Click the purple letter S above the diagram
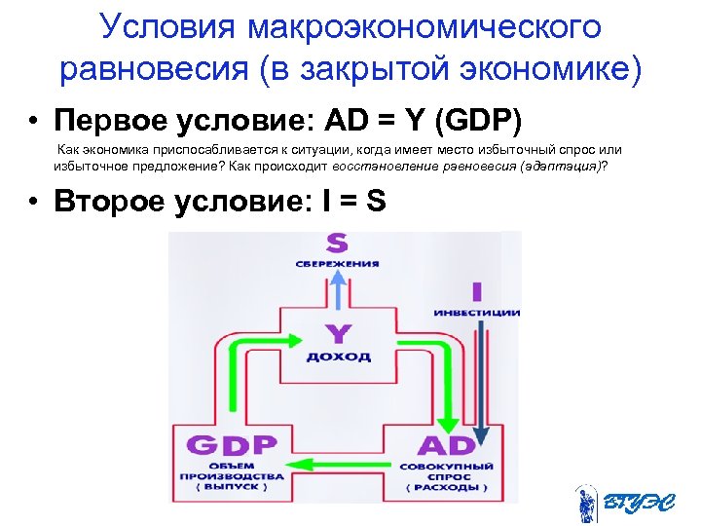[x=336, y=244]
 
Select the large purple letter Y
[x=338, y=334]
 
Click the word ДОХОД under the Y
[x=338, y=357]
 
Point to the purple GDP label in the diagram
[x=232, y=446]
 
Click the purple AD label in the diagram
[x=447, y=446]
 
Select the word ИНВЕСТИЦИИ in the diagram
[x=477, y=313]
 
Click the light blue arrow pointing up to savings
[x=336, y=292]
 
